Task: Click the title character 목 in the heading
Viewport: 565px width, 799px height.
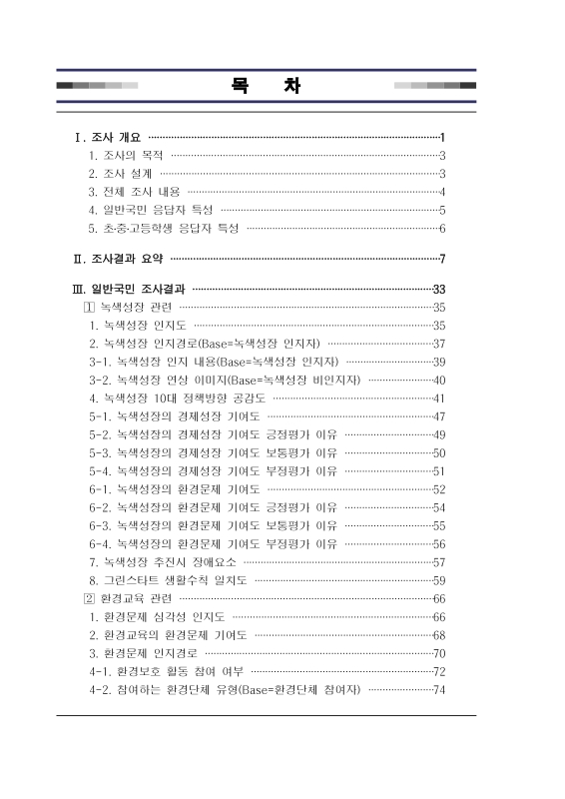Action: [x=239, y=85]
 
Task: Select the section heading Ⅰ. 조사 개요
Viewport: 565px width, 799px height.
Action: [x=104, y=137]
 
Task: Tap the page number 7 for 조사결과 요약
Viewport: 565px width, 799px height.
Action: [x=441, y=261]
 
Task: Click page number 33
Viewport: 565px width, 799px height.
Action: [x=438, y=290]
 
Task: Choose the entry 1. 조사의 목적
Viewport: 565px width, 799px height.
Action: [x=126, y=156]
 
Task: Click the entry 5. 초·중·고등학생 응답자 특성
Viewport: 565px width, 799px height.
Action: [x=164, y=229]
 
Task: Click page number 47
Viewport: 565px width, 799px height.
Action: [x=438, y=416]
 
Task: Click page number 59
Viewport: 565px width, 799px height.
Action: [x=438, y=580]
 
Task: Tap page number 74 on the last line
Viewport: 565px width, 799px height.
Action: [x=438, y=690]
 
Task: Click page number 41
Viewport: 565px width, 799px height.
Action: [x=438, y=399]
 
